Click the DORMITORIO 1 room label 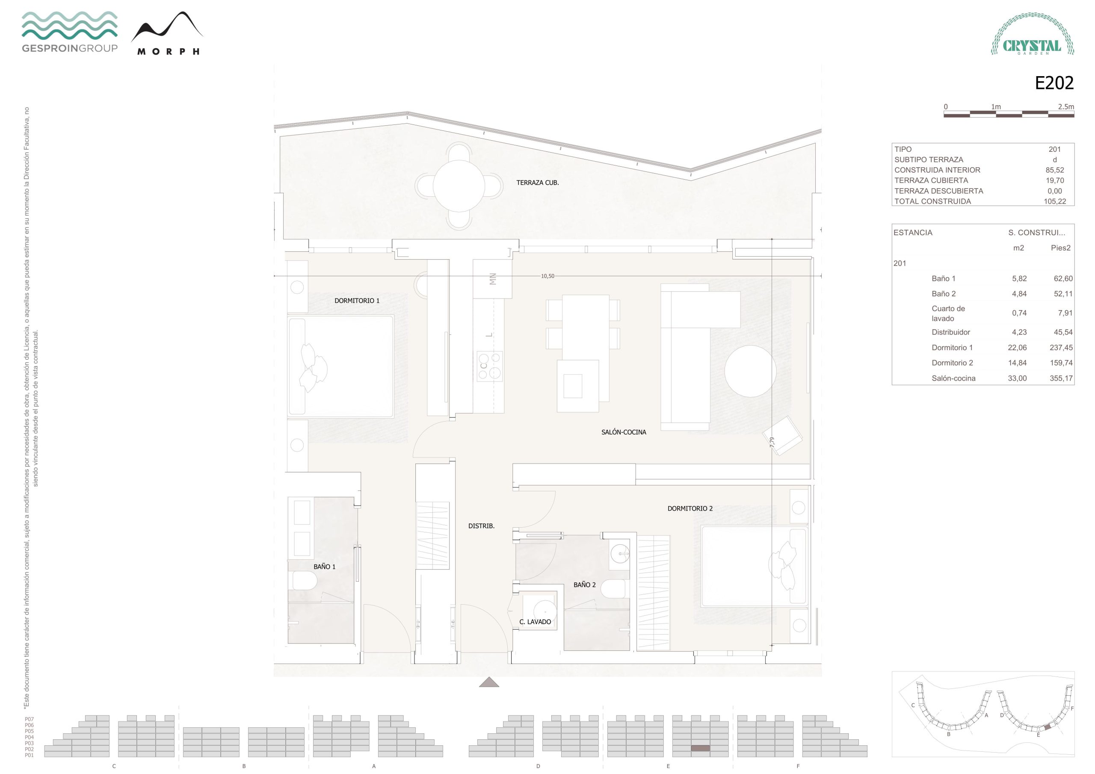pos(357,301)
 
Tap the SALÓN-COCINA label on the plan pos(623,432)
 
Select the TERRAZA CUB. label pos(538,183)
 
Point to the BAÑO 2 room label pos(584,585)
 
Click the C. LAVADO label pos(535,622)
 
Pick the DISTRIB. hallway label pos(481,526)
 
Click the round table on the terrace pos(459,186)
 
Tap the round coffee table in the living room pos(750,371)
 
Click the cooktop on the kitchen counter pos(490,366)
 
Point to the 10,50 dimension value pos(547,276)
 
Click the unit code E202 pos(1054,83)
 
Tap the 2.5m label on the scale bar pos(1066,107)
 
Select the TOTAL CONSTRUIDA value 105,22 pos(1054,201)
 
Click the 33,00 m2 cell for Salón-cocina pos(1017,378)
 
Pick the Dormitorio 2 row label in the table pos(952,363)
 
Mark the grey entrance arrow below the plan pos(489,682)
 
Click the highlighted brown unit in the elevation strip pos(700,748)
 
